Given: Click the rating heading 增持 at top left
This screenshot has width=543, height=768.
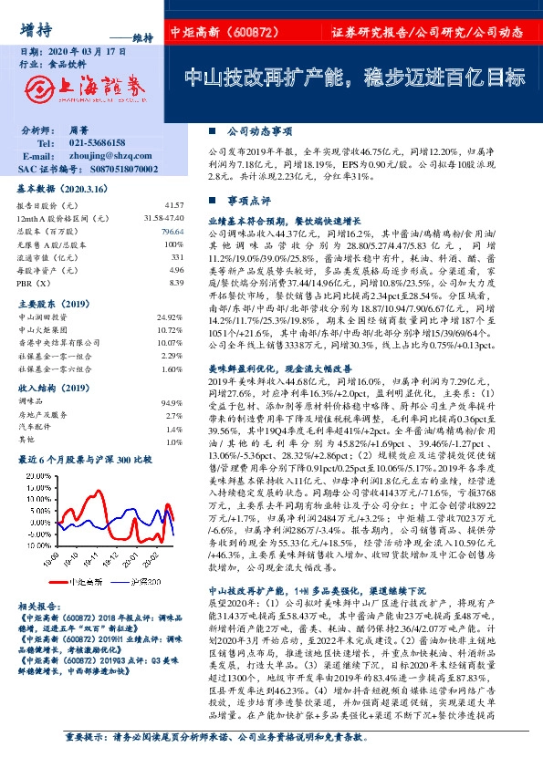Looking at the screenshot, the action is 35,29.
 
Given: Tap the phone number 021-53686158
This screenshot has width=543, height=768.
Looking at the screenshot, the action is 99,144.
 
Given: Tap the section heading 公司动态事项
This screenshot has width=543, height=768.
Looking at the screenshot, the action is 256,130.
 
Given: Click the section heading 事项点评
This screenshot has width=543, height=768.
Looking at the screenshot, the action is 249,198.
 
